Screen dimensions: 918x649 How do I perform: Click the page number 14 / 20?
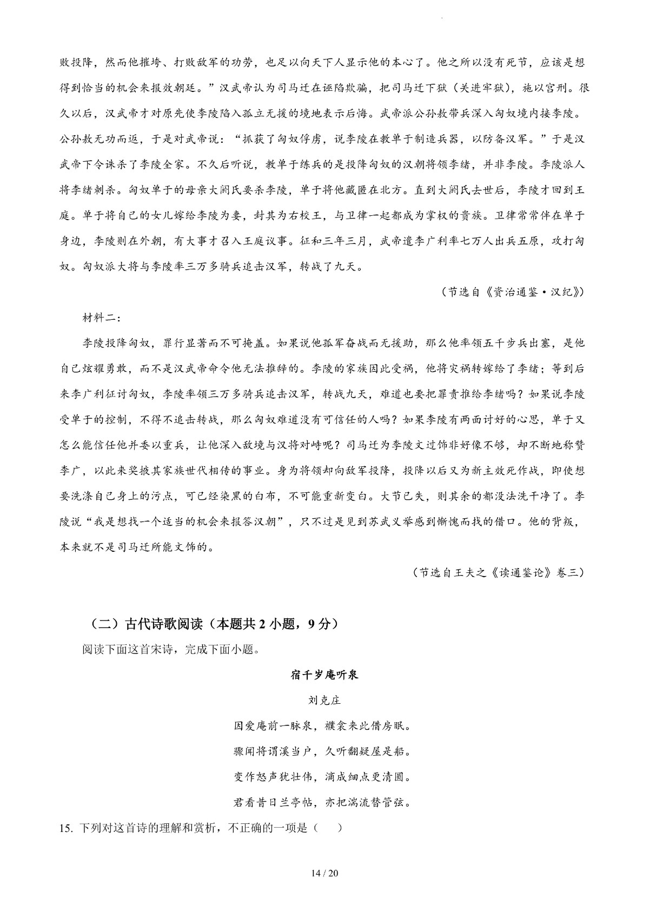tap(324, 873)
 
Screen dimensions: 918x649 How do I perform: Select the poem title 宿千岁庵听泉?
tap(324, 675)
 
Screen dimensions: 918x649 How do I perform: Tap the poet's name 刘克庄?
tap(324, 700)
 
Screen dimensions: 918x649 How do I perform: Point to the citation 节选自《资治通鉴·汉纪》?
tap(513, 292)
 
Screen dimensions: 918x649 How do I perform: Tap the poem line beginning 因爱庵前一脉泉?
tap(324, 726)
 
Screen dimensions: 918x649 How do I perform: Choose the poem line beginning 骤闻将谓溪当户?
tap(324, 751)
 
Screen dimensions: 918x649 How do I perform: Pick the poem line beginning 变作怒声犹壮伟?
tap(324, 777)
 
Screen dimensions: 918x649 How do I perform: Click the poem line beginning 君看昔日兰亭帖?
tap(324, 803)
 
